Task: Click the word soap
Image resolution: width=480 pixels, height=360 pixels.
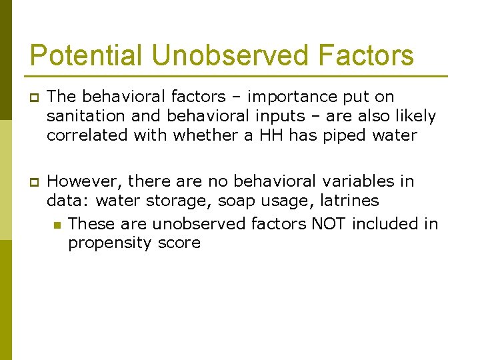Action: (x=237, y=201)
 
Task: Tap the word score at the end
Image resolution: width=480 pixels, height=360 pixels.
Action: (x=179, y=243)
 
